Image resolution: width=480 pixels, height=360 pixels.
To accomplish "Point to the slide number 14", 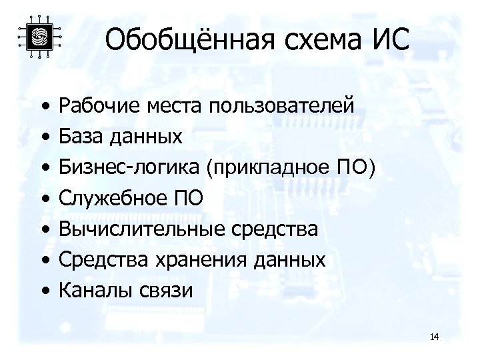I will [435, 337].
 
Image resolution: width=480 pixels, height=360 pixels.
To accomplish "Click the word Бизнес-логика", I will [129, 167].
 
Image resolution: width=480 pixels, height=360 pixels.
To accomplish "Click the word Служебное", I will [109, 198].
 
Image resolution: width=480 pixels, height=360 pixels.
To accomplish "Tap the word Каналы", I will [89, 290].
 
